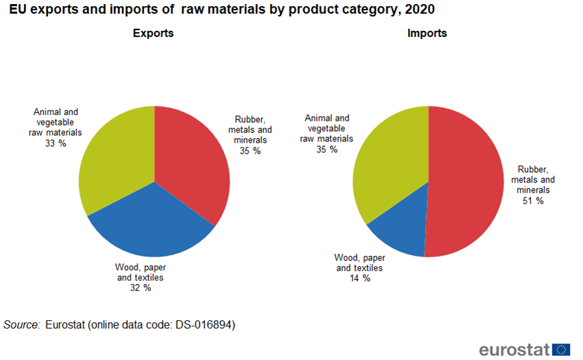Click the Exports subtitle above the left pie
point(153,33)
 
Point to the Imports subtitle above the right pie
point(427,33)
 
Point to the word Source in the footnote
point(21,324)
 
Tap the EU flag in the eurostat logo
point(561,349)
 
